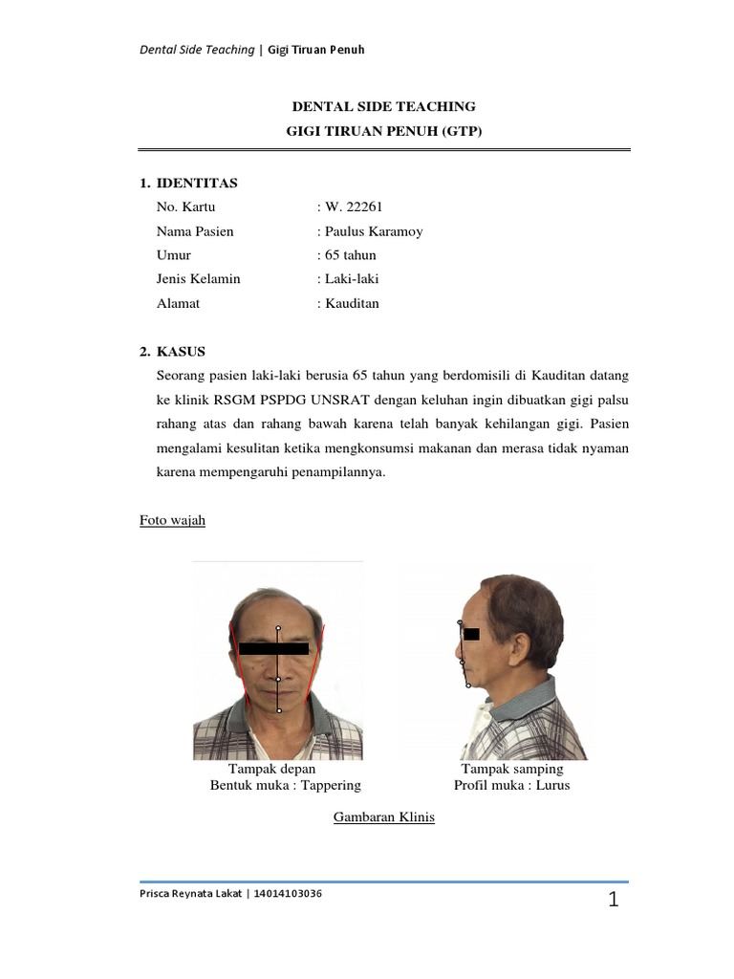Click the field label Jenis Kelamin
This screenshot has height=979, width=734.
pos(198,279)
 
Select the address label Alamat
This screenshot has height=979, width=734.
pos(178,303)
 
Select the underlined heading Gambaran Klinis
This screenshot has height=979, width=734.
pos(383,817)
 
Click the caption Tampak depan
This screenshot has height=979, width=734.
pos(271,769)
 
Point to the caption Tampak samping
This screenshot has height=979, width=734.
pos(512,769)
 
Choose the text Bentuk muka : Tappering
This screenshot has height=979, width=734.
pos(285,785)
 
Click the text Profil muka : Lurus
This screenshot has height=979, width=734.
pos(511,785)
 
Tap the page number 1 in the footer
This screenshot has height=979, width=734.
pos(614,900)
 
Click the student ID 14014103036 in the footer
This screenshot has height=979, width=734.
pos(288,894)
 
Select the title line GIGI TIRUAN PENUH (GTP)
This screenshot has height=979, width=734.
pos(384,131)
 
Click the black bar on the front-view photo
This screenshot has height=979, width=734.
pos(273,648)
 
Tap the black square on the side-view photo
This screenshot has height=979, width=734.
pos(471,633)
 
